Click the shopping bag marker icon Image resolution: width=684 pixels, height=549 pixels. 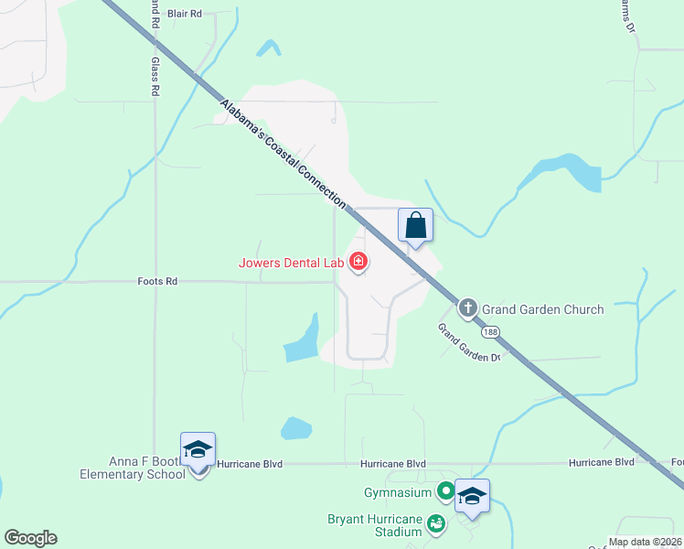(x=415, y=224)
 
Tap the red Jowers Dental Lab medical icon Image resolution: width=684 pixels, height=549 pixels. (x=358, y=263)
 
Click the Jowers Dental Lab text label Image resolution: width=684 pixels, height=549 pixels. (x=291, y=263)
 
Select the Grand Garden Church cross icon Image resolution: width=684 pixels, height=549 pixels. (x=468, y=308)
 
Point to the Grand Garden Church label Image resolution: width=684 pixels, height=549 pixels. (x=543, y=309)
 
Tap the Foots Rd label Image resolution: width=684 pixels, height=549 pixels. (x=157, y=282)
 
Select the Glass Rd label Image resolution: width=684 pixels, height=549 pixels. (x=155, y=77)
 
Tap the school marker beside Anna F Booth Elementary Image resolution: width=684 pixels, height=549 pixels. (x=198, y=448)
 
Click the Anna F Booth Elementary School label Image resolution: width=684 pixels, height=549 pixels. (x=133, y=468)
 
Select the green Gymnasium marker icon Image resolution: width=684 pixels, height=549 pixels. (x=446, y=492)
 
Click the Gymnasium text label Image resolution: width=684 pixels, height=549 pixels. (x=398, y=493)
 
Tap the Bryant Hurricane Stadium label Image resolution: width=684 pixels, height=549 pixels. (x=375, y=525)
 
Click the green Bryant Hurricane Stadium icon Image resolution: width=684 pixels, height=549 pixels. (x=436, y=523)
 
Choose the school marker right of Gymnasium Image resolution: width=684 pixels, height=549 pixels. (x=472, y=496)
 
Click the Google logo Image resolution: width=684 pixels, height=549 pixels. (x=30, y=538)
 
